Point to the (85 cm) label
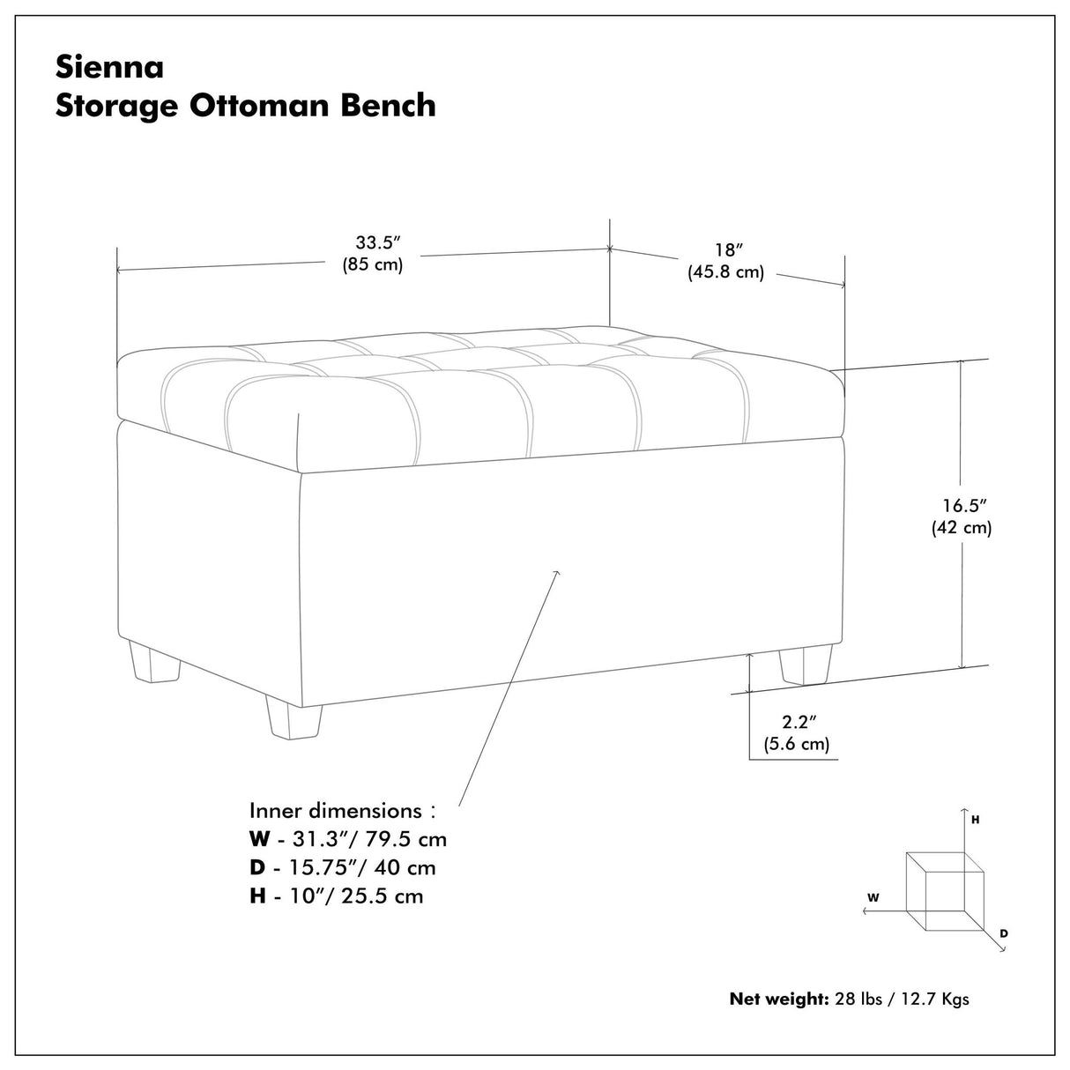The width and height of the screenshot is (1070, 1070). pos(373,264)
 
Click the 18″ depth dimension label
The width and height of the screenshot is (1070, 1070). pos(725,249)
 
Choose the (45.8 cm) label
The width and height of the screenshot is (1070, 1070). pos(725,272)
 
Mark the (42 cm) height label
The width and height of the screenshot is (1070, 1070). pos(962,528)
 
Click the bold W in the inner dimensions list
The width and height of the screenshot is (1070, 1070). pos(259,838)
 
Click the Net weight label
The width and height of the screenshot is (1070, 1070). pos(778,999)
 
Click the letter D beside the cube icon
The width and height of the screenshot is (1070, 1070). pos(1004,933)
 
